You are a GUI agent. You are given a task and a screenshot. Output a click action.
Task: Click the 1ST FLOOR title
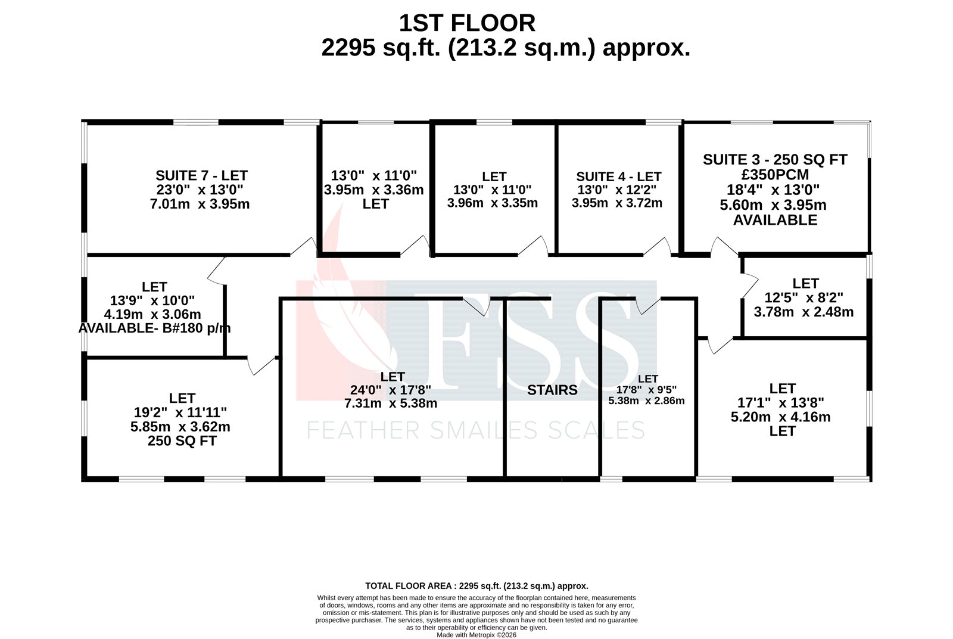tap(467, 23)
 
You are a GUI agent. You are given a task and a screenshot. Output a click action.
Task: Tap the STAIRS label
tap(552, 390)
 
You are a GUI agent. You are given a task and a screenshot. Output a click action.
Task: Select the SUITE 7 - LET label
tap(201, 175)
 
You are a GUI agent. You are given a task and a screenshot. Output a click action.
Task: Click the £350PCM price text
tap(775, 175)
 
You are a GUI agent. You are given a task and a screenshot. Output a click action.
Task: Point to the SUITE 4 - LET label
tap(618, 176)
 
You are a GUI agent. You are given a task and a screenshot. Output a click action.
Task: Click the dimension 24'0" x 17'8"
tap(391, 390)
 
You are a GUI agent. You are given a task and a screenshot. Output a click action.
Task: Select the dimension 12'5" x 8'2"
tap(803, 297)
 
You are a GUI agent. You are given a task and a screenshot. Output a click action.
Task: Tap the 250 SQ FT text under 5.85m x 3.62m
tap(182, 441)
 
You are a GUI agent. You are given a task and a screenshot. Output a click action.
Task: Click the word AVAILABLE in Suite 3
tap(775, 220)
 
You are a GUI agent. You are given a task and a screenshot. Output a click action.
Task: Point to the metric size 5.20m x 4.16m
tap(780, 417)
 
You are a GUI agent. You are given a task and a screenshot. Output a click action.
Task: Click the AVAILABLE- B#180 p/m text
tap(154, 328)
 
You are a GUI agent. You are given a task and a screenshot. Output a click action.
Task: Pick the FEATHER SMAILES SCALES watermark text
tap(475, 430)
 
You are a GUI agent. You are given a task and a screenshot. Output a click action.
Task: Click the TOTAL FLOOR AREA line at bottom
tap(476, 586)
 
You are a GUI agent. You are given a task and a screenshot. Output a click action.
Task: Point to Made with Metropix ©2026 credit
tap(476, 635)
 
